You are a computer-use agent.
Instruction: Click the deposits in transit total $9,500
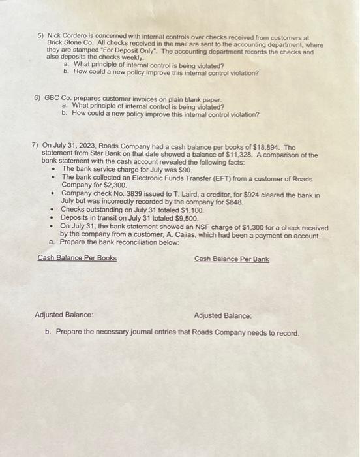pos(183,219)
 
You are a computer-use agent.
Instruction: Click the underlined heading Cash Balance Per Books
pos(77,259)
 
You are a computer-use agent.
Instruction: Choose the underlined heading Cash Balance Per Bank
pos(232,259)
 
